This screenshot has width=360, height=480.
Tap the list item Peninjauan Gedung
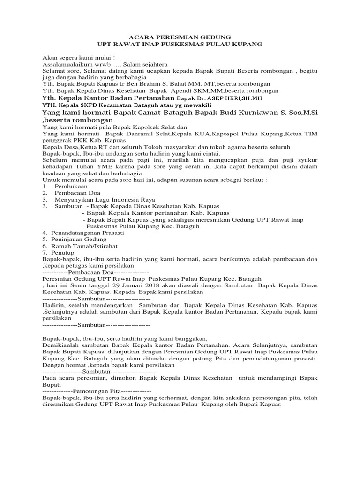tap(79, 239)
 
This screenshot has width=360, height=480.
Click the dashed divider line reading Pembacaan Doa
tap(96, 272)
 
